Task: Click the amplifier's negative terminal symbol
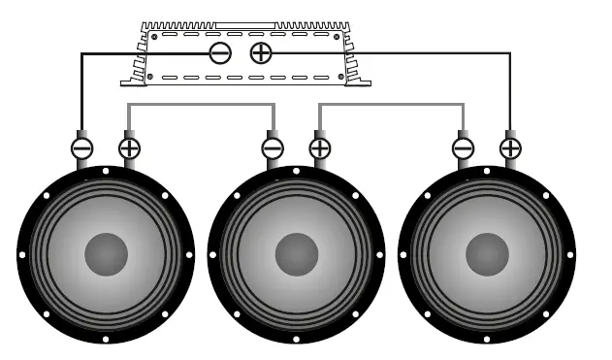point(220,52)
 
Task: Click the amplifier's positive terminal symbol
point(261,52)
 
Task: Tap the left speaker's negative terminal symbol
point(82,148)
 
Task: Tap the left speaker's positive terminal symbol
point(129,148)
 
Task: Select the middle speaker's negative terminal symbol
point(273,148)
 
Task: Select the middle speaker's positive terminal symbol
point(319,148)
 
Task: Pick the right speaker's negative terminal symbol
point(463,148)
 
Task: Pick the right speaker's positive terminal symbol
point(509,148)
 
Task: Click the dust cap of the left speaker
point(106,254)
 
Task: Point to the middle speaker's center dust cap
point(296,254)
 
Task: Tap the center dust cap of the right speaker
point(486,254)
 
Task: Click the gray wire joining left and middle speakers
point(201,104)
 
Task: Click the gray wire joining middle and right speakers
point(391,104)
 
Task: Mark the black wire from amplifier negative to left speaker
point(81,87)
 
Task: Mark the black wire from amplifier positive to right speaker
point(510,87)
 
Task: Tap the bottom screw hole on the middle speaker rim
point(296,340)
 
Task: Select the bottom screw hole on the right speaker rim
point(486,340)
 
